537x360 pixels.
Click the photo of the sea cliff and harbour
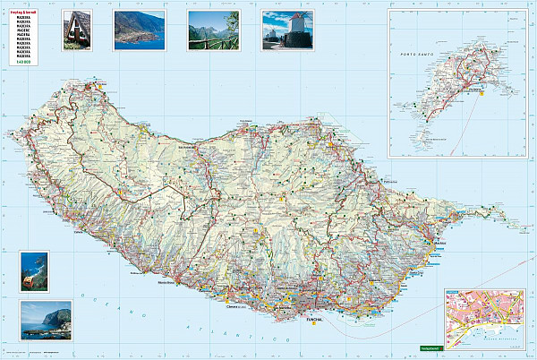click(46, 321)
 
